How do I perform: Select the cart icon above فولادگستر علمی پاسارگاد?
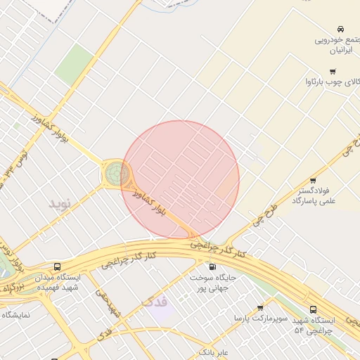coord(313,180)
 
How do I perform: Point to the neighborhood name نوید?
coord(60,204)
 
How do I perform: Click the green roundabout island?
coord(117,173)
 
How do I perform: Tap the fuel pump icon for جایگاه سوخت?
coord(212,266)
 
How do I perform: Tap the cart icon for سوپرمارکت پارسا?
coord(260,308)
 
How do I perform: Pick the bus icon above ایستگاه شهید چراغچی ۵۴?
coord(313,309)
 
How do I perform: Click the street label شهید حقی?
coord(110,303)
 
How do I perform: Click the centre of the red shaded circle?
coord(181,180)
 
